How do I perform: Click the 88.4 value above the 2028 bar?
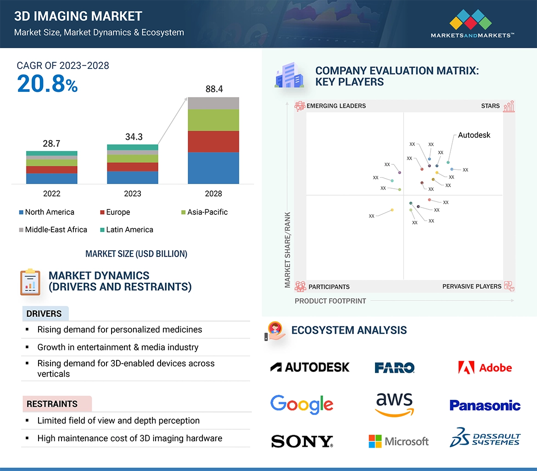tap(214, 89)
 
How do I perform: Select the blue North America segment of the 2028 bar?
tap(213, 168)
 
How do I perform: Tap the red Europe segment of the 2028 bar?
tap(213, 141)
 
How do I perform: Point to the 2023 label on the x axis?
tap(133, 194)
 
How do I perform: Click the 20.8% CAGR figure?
tap(47, 84)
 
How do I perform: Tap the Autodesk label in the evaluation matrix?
tap(474, 135)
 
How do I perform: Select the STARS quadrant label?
tap(490, 106)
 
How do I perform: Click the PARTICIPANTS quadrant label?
tap(329, 286)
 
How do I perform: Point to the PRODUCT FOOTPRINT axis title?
tap(330, 301)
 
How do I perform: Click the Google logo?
tap(302, 404)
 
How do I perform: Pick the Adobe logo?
tap(485, 368)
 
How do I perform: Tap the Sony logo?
tap(302, 442)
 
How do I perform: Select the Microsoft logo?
tap(398, 442)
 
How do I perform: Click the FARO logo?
tap(395, 368)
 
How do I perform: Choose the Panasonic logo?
tap(485, 405)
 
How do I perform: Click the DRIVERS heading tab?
tap(44, 314)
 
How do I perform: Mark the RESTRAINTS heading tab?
tap(52, 404)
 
